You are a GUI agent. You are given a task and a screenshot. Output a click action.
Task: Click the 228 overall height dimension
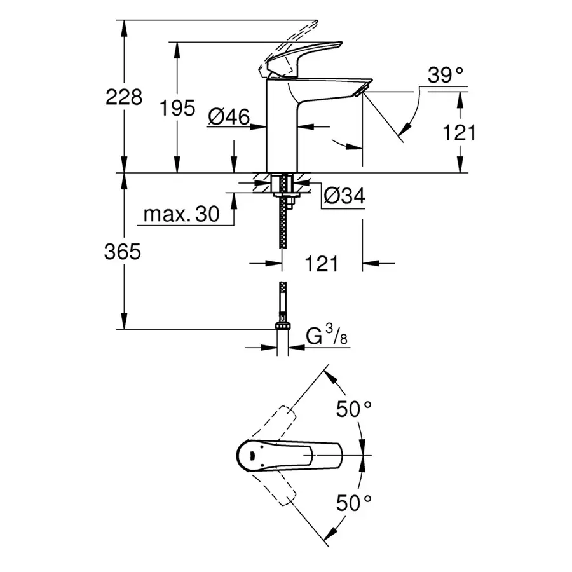coord(125,97)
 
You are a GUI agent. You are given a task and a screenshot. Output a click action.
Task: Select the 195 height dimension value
coord(177,108)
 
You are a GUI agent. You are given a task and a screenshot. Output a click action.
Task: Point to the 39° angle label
coord(445,76)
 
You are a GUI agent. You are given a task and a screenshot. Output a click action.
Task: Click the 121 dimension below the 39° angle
coord(458,132)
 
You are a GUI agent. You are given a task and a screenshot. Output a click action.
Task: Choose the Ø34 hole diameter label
coord(344,197)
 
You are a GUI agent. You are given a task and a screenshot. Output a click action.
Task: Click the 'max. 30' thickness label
coord(180,214)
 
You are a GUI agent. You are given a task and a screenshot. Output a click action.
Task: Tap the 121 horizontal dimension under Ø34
coord(322,263)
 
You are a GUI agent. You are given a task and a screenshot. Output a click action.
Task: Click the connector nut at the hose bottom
coord(282,327)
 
